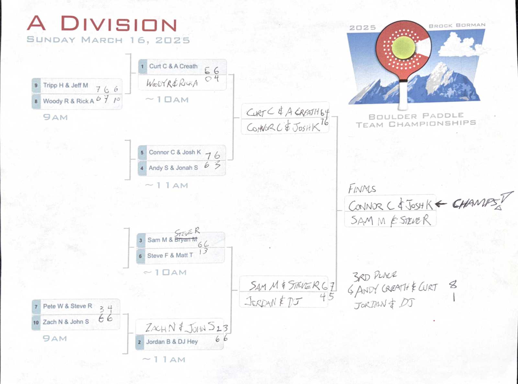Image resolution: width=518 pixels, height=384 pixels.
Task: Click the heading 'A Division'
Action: click(102, 24)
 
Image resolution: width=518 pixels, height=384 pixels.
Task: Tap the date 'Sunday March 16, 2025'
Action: click(108, 40)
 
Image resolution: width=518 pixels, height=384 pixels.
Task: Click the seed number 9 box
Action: click(36, 85)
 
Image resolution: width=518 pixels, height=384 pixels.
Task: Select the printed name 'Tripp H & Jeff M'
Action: click(66, 85)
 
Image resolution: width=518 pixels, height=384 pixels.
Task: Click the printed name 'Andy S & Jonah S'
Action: click(173, 168)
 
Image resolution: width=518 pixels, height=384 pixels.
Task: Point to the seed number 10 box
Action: click(36, 322)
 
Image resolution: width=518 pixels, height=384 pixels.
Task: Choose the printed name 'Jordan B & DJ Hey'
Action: click(172, 342)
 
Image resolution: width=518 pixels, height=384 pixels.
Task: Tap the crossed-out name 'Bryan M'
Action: click(186, 240)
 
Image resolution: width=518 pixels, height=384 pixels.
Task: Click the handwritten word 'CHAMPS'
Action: click(476, 203)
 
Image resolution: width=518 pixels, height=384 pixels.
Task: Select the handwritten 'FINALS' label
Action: click(362, 189)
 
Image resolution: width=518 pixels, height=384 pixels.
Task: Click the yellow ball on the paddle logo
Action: click(403, 47)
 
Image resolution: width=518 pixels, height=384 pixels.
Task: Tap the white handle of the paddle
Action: click(403, 96)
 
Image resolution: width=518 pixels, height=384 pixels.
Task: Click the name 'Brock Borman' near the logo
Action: click(457, 25)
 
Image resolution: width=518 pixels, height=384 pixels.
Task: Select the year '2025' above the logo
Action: click(363, 28)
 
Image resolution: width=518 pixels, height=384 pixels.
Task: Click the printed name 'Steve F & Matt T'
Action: click(170, 255)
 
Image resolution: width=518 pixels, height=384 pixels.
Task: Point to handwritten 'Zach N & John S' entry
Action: click(180, 328)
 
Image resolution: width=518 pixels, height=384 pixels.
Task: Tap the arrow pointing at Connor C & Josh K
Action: click(441, 204)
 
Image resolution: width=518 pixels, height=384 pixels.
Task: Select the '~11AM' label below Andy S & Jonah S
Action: click(167, 186)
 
